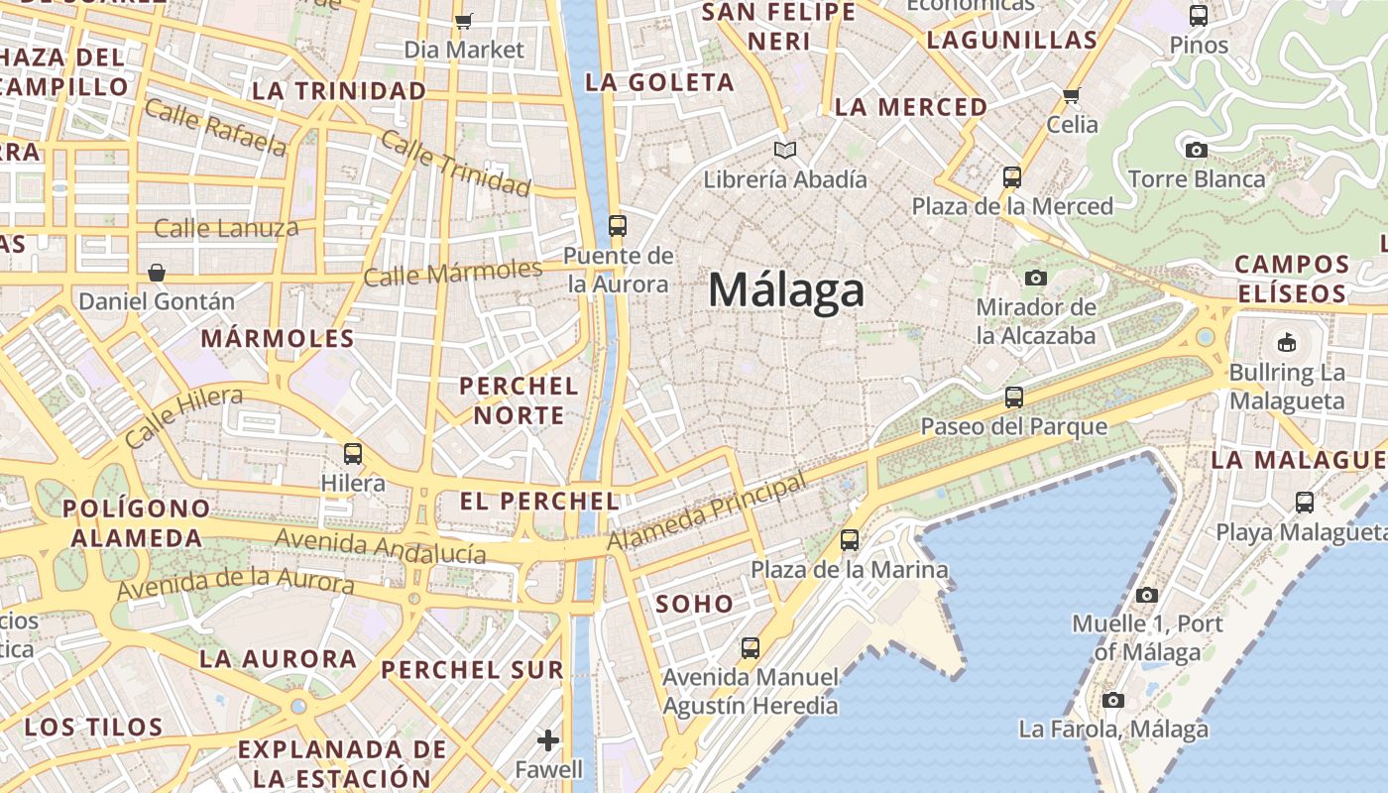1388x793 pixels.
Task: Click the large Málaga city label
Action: [x=786, y=291]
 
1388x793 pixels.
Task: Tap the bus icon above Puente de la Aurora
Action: [x=618, y=226]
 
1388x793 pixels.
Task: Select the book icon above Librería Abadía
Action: [x=785, y=150]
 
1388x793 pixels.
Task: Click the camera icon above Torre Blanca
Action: [x=1197, y=150]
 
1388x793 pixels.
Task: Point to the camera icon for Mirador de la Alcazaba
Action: [x=1036, y=278]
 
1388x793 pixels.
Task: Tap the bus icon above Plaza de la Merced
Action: [x=1012, y=177]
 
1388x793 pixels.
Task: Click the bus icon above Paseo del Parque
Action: [x=1013, y=397]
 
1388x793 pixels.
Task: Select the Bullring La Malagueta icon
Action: [x=1287, y=343]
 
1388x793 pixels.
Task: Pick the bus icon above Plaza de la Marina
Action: [x=850, y=540]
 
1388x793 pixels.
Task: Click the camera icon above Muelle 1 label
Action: [x=1147, y=595]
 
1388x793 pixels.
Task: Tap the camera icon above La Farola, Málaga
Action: [x=1113, y=700]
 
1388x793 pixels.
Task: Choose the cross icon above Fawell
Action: [x=548, y=739]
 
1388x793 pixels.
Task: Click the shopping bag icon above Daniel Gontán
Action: [x=157, y=272]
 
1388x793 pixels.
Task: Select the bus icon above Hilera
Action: [x=353, y=454]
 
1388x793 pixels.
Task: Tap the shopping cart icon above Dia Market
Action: [x=463, y=20]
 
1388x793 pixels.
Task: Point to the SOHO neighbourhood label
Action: [x=694, y=604]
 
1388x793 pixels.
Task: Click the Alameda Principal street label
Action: [x=705, y=513]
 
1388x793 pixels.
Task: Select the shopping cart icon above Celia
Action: [x=1071, y=95]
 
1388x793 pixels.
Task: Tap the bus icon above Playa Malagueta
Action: [x=1305, y=503]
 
